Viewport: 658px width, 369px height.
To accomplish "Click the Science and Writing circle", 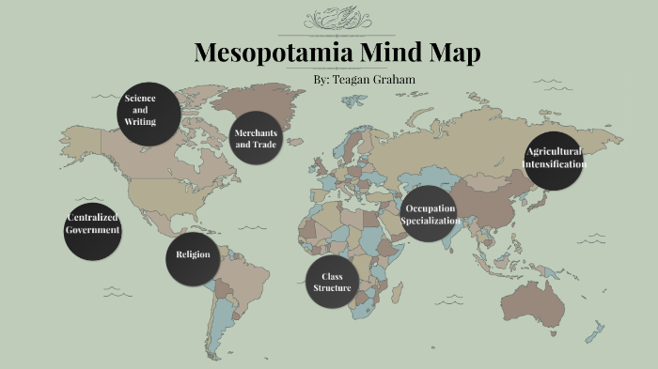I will point(148,113).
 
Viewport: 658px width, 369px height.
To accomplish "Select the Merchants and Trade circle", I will point(256,138).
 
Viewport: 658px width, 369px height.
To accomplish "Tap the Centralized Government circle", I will point(93,229).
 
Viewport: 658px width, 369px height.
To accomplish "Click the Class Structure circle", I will point(332,282).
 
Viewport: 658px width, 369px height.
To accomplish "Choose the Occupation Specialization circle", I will point(430,214).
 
